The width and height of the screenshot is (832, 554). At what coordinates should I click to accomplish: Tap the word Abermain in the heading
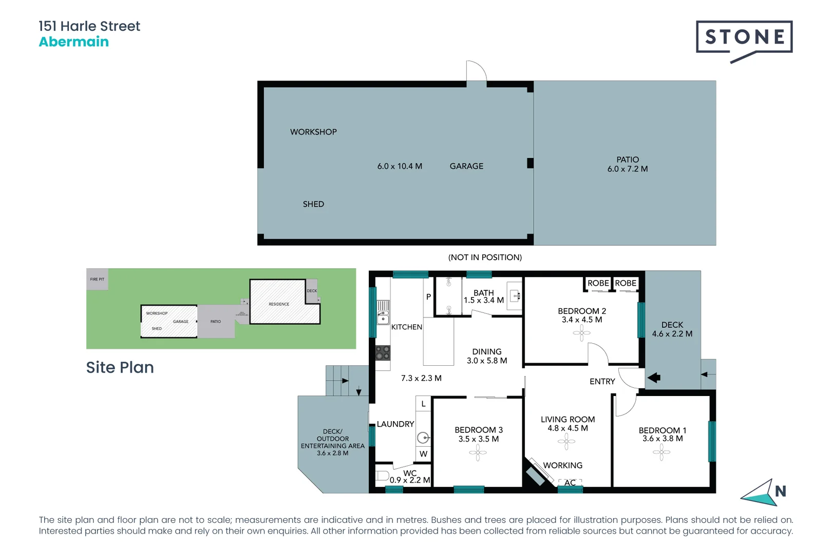tap(74, 42)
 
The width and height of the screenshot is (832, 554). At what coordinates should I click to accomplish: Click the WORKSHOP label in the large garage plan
tap(313, 132)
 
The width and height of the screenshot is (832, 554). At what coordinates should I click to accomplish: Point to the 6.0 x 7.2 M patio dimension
tap(627, 169)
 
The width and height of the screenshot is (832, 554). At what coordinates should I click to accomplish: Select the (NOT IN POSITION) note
tap(485, 258)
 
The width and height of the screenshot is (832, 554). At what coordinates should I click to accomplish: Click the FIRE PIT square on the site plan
tap(97, 280)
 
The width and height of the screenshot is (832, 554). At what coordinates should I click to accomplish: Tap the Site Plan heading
tap(120, 367)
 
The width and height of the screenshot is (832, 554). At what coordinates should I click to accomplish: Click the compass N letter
tap(780, 491)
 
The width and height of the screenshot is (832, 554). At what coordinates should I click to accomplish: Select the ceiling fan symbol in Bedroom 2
tap(581, 333)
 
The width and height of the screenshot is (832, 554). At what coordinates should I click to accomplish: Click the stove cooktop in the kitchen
tap(383, 353)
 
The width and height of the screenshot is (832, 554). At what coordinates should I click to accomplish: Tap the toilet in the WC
tap(382, 476)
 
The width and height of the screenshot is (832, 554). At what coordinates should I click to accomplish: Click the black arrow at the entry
tap(654, 378)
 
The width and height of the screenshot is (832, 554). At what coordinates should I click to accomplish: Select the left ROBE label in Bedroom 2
tap(598, 283)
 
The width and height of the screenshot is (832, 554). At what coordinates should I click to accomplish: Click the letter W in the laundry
tap(423, 454)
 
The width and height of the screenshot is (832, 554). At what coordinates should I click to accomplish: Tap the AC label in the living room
tap(570, 483)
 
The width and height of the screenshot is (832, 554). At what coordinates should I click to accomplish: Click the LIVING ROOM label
tap(568, 420)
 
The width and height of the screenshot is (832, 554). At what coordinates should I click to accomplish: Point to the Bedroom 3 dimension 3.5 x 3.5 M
tap(478, 439)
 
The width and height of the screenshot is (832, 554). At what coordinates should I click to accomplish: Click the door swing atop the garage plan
tap(476, 71)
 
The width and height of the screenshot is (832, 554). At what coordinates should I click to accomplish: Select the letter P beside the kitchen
tap(428, 297)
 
